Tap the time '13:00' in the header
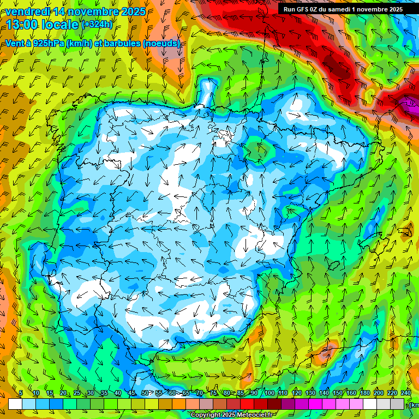coord(23,25)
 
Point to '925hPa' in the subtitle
coord(47,44)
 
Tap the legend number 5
coord(21,393)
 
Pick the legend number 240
coord(406,393)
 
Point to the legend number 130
coord(310,393)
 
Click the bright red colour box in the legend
coord(247,404)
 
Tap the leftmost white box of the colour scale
coord(15,404)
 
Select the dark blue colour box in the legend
coord(56,404)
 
